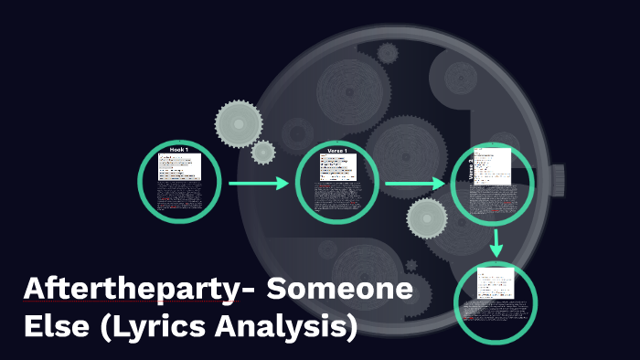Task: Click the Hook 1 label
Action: click(x=179, y=149)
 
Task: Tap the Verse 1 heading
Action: click(x=338, y=149)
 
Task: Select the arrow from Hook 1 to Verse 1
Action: click(x=258, y=184)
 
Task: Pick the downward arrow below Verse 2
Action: click(x=496, y=242)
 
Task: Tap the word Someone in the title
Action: click(x=339, y=291)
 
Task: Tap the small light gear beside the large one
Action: click(x=263, y=152)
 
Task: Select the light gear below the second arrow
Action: click(x=427, y=217)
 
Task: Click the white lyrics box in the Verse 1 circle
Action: click(x=337, y=166)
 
